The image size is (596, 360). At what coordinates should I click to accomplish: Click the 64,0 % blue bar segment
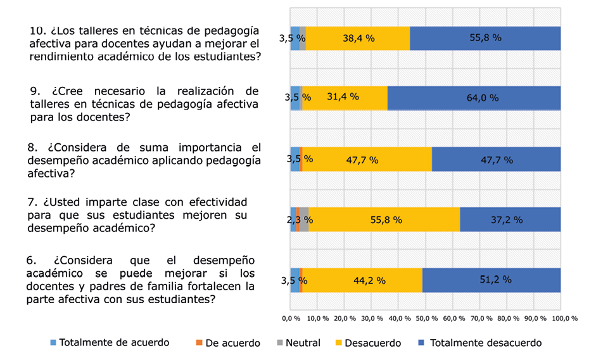coord(474,98)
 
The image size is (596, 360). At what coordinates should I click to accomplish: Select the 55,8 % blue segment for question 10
coord(485,38)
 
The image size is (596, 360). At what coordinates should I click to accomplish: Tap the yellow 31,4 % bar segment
coord(343,98)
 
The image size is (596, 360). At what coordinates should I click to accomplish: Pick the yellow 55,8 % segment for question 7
coord(384,220)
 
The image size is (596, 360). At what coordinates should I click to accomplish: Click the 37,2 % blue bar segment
coord(510,220)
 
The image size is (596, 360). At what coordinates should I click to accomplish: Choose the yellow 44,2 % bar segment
coord(362,280)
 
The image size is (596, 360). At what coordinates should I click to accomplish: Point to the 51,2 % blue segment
coord(491,280)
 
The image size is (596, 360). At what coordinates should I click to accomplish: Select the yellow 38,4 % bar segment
coord(358,38)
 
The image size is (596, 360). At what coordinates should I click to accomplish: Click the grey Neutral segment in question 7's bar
coord(304,220)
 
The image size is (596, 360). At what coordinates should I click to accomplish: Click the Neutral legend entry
coord(298,343)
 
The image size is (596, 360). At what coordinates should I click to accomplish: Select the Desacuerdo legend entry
coord(372,343)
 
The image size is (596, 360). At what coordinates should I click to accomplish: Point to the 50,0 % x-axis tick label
coord(426,318)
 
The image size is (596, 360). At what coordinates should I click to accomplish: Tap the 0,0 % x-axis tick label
coord(290,318)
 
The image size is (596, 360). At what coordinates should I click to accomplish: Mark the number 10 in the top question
coord(38,30)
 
